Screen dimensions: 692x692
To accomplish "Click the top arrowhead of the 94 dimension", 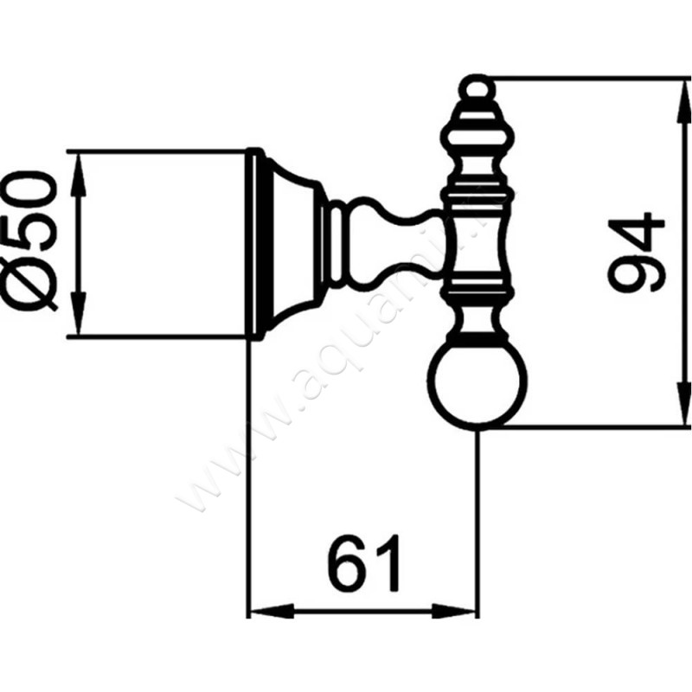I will (677, 92).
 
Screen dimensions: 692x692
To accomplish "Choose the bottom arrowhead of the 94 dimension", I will (677, 413).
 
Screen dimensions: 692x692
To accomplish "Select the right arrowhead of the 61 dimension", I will (465, 609).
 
